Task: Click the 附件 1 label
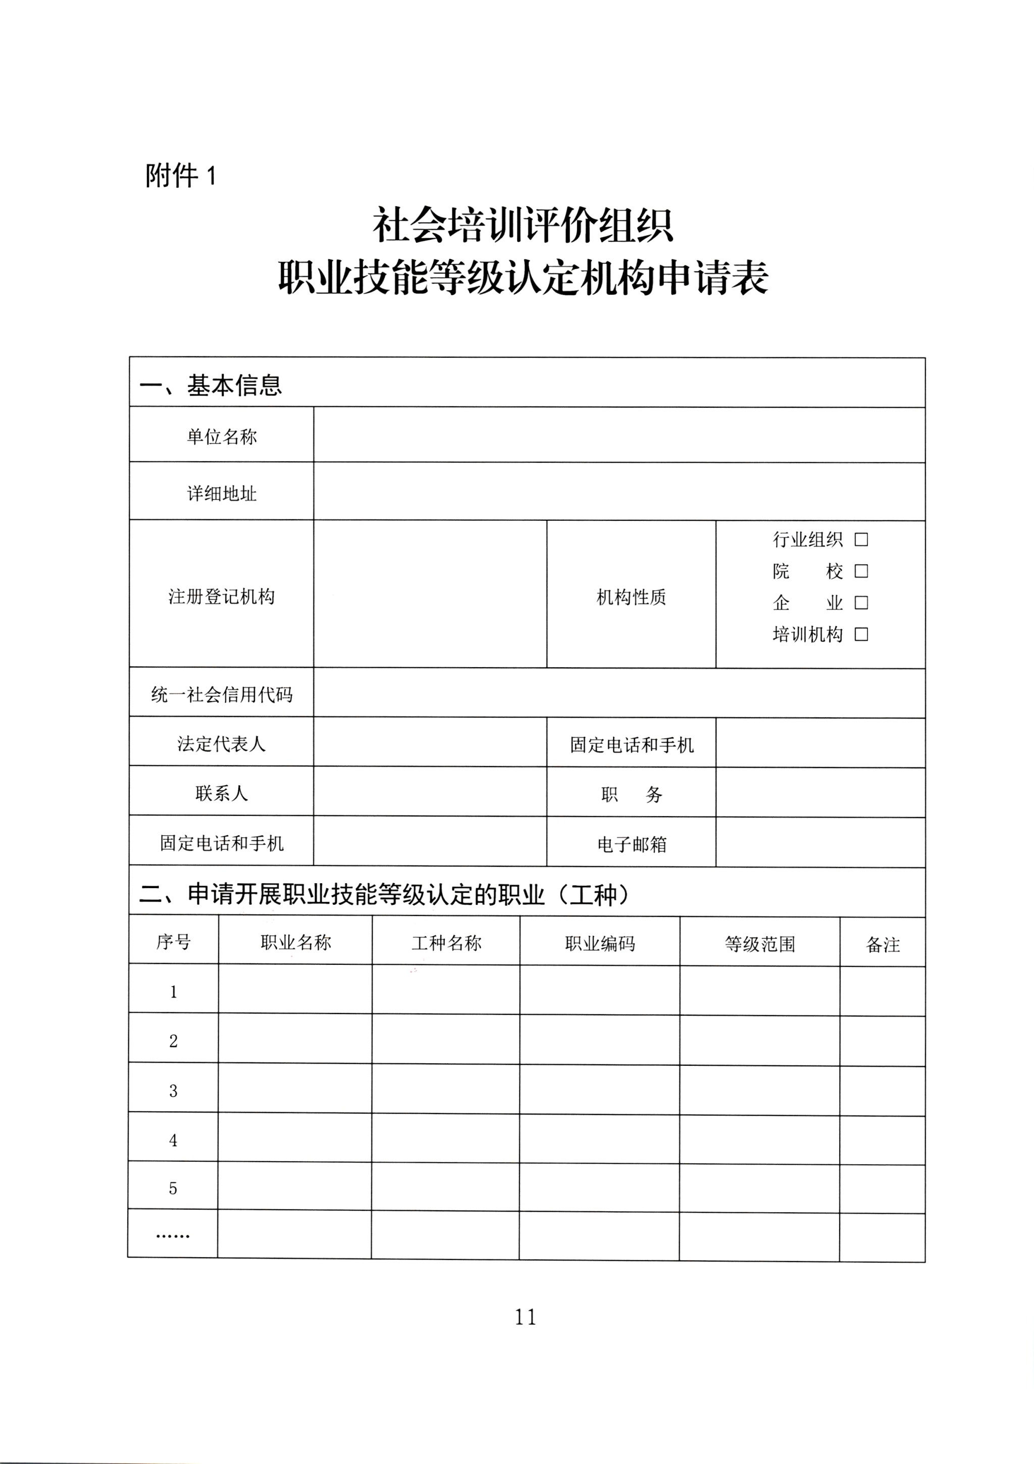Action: (x=181, y=176)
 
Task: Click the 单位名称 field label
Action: (x=221, y=437)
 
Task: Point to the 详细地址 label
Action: (x=221, y=494)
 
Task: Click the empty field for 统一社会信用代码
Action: (x=619, y=693)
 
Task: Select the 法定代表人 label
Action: (x=221, y=743)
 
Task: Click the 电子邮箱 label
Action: (x=632, y=844)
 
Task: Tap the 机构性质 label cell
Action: (x=631, y=597)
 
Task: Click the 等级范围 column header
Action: (x=760, y=944)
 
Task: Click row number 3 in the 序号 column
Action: (x=173, y=1091)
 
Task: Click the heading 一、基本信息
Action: (x=211, y=385)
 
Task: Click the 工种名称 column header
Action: (x=446, y=942)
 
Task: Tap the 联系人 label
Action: (x=221, y=793)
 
